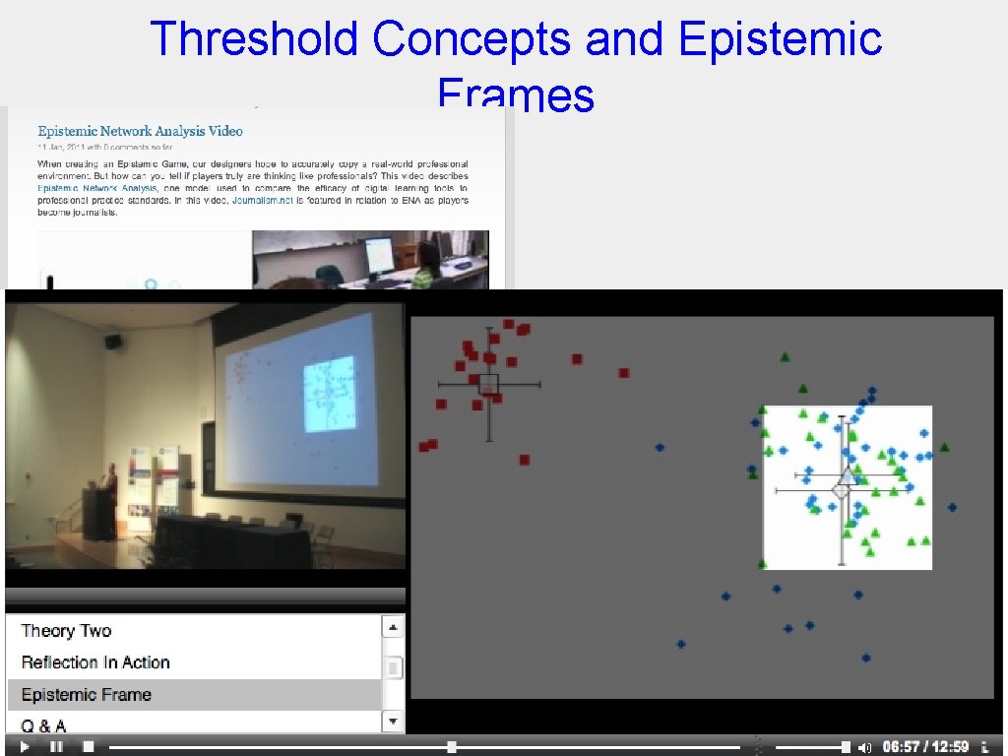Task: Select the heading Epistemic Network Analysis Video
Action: (140, 131)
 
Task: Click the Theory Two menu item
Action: (66, 631)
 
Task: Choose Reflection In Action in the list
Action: (95, 662)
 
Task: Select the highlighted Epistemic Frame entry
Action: (87, 694)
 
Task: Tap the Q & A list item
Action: (44, 725)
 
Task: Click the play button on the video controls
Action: (25, 747)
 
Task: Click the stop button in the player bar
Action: (88, 747)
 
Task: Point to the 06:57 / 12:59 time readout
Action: (925, 747)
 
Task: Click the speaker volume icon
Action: (865, 747)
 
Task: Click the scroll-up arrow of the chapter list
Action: (393, 627)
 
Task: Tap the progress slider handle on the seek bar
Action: (451, 747)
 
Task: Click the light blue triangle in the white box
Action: (848, 476)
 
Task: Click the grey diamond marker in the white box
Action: (842, 489)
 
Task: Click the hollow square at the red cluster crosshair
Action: (488, 383)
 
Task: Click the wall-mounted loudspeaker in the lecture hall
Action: (114, 342)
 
